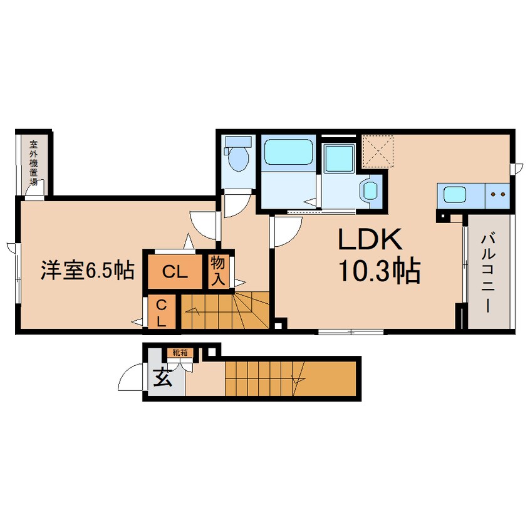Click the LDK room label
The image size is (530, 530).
click(370, 239)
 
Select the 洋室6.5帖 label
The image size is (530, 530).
click(88, 270)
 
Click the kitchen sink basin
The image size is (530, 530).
click(455, 195)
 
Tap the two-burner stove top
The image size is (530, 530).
click(497, 195)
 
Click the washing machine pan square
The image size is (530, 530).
click(339, 158)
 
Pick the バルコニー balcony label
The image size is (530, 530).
click(487, 273)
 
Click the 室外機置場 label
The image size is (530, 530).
click(33, 163)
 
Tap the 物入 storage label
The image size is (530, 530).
click(218, 271)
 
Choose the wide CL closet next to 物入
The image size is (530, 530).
click(175, 272)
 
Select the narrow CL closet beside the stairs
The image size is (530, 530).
click(162, 313)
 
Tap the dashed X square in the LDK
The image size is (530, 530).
click(378, 151)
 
